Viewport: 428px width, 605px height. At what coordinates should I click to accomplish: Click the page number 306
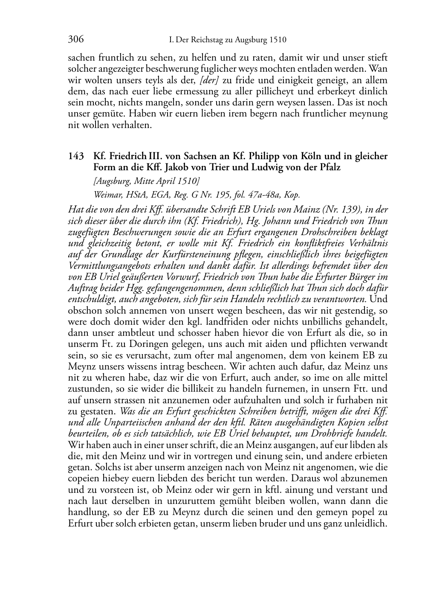click(x=76, y=40)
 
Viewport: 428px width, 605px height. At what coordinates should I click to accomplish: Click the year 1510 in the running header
click(x=278, y=40)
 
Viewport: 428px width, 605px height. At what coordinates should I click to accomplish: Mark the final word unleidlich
click(x=368, y=523)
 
